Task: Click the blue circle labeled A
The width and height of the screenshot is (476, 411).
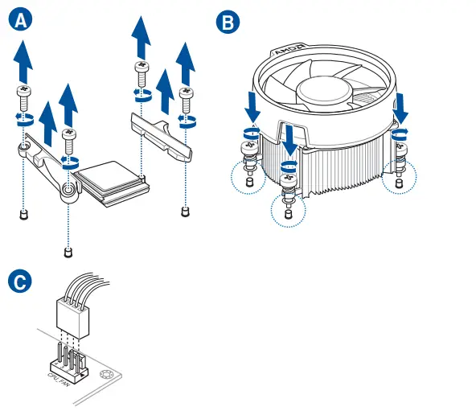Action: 21,19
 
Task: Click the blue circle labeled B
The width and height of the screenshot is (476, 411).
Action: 228,22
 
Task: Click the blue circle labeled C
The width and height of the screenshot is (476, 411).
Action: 20,282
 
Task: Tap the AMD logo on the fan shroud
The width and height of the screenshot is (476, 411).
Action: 290,49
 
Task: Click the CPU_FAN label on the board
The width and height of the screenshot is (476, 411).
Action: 58,380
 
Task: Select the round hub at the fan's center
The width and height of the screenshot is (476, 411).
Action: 324,91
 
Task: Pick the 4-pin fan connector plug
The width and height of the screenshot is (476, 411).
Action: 72,318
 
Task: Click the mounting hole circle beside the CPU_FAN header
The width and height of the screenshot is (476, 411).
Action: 105,375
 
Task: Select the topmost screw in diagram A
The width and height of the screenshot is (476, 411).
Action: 142,74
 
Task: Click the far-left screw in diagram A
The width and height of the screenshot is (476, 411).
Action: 23,98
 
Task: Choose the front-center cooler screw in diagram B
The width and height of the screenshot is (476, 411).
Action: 289,187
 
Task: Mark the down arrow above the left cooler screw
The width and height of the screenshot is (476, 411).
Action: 252,107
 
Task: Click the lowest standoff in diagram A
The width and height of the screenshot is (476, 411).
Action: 68,253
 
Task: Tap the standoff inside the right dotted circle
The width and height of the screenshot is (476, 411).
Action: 400,183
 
